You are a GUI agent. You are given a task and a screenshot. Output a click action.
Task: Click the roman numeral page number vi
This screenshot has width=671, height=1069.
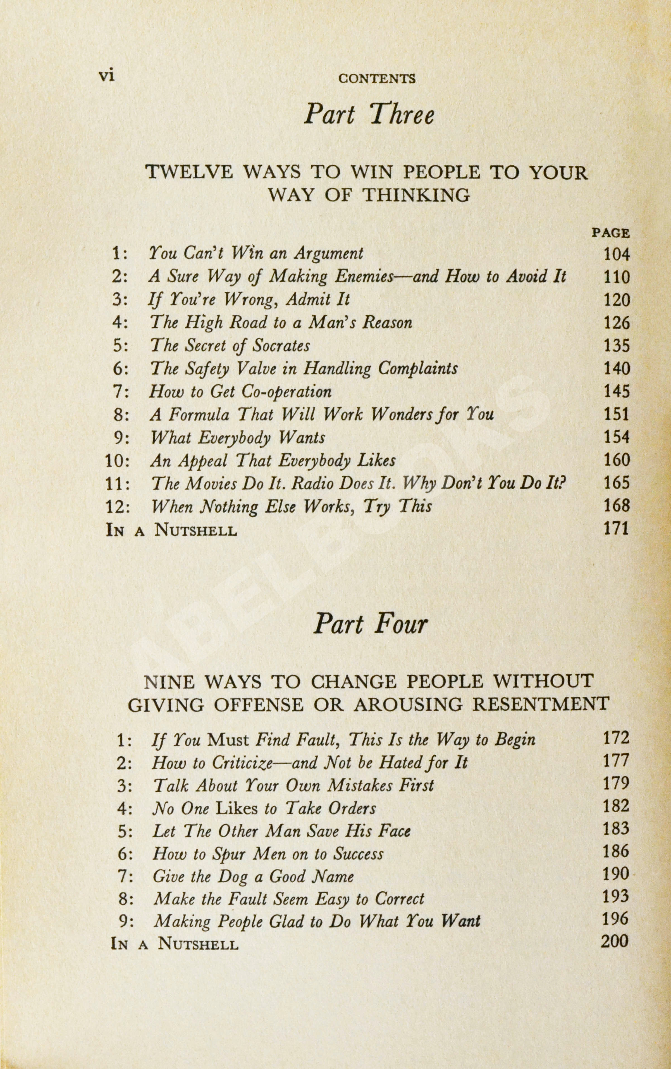[x=106, y=76]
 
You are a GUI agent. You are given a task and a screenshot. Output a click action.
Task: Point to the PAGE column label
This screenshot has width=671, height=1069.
[x=611, y=233]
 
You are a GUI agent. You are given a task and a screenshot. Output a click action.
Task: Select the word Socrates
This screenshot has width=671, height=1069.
[x=281, y=345]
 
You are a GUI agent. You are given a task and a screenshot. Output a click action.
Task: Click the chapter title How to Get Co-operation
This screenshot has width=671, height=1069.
[x=240, y=392]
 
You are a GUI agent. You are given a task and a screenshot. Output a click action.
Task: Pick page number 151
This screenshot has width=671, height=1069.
[x=617, y=414]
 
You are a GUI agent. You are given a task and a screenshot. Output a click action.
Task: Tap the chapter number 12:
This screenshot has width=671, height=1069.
[x=118, y=506]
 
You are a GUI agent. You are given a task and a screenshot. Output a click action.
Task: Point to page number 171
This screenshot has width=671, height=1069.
[x=617, y=529]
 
